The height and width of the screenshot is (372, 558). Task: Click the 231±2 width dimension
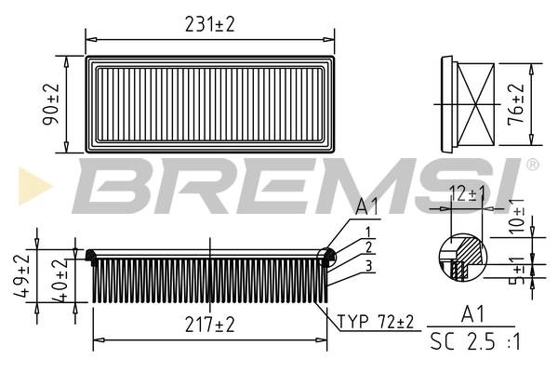pyautogui.click(x=209, y=24)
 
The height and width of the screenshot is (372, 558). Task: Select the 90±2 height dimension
pyautogui.click(x=52, y=102)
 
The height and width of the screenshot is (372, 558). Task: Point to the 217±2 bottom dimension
pyautogui.click(x=209, y=325)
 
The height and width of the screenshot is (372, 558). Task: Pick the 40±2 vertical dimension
pyautogui.click(x=60, y=276)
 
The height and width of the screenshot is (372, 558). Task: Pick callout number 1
pyautogui.click(x=368, y=232)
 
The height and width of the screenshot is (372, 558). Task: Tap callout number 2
pyautogui.click(x=369, y=247)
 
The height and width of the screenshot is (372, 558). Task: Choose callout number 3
pyautogui.click(x=369, y=267)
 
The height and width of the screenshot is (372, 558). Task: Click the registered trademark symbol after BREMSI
pyautogui.click(x=532, y=165)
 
